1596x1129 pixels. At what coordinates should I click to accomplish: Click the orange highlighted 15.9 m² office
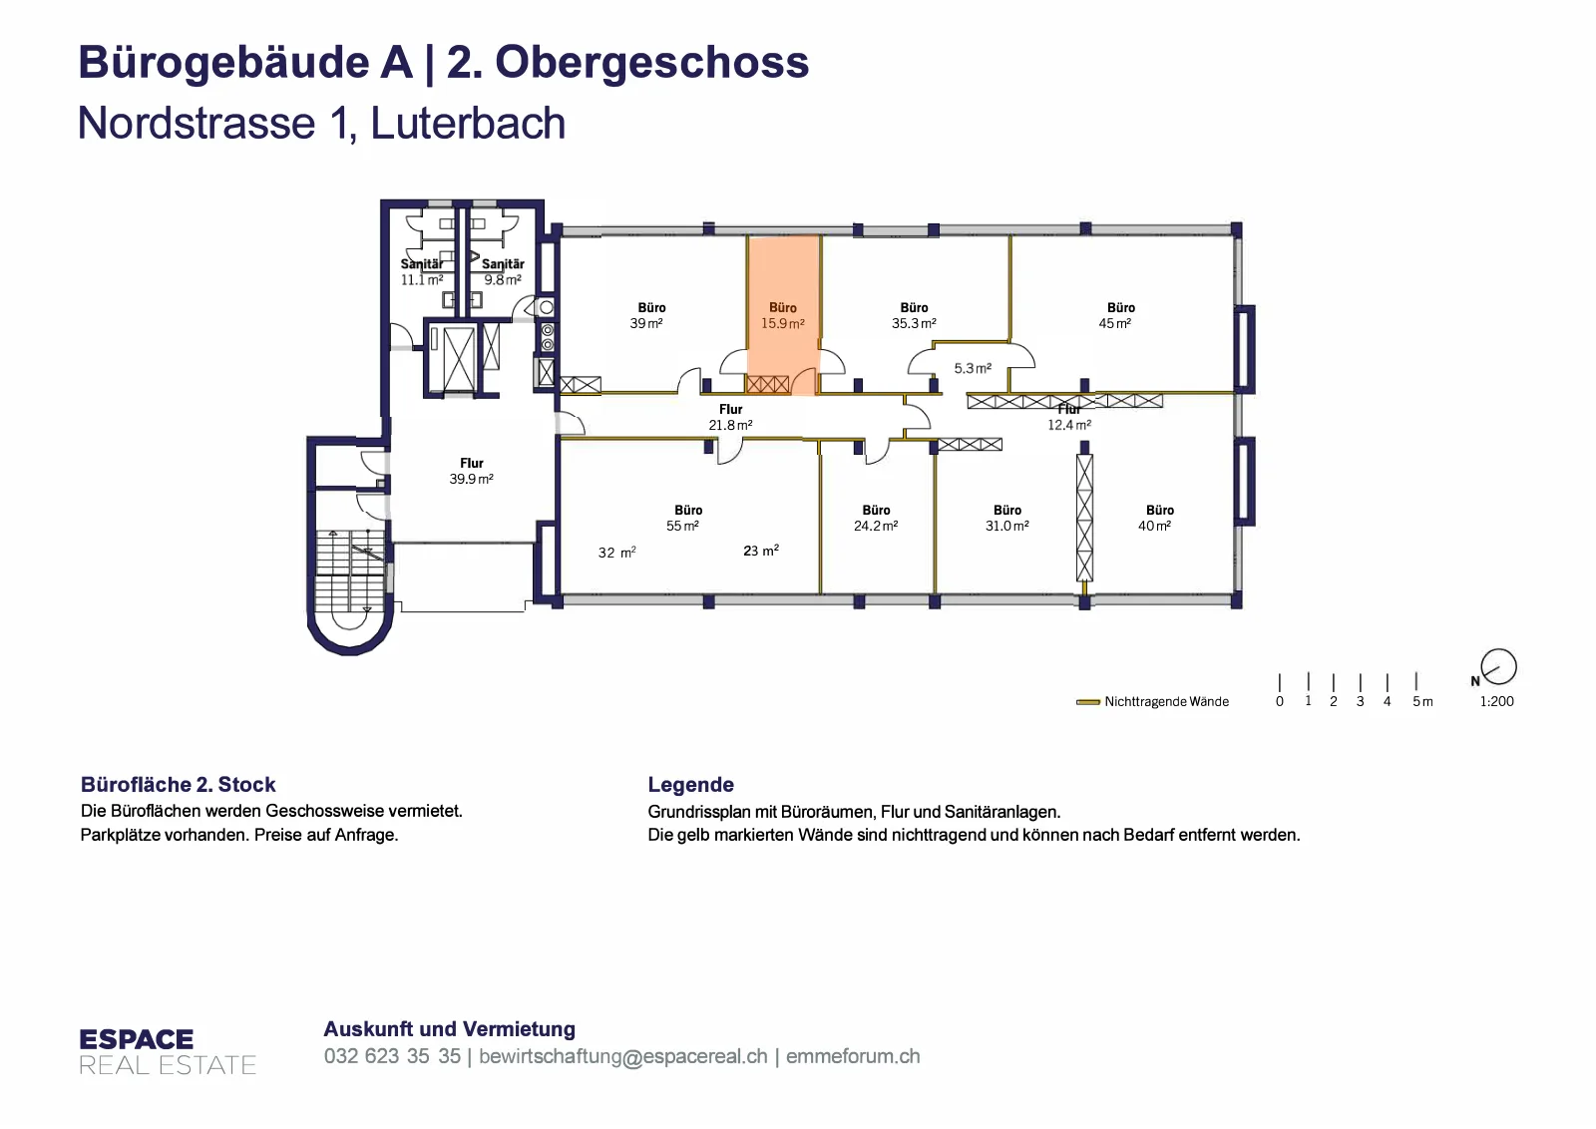point(783,315)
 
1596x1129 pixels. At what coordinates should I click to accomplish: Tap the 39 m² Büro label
point(647,315)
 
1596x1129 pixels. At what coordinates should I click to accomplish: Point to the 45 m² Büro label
point(1116,315)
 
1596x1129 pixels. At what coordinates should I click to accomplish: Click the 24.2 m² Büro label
point(876,518)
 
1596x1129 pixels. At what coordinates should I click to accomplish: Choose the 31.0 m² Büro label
point(1006,518)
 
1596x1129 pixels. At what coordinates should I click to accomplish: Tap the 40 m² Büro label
point(1156,518)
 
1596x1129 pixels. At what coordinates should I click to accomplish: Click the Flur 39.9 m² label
point(471,471)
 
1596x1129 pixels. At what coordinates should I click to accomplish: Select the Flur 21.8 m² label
point(730,417)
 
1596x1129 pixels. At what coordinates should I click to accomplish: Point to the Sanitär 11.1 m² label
point(422,271)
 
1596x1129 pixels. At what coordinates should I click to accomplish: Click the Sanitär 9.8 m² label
point(503,271)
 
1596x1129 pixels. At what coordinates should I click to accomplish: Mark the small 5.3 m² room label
point(973,368)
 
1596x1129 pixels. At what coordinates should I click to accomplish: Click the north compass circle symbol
point(1498,667)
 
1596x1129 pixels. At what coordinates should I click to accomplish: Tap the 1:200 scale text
point(1496,701)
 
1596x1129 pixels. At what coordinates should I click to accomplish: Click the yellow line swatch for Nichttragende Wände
point(1088,701)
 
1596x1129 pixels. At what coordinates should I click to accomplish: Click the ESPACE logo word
point(136,1039)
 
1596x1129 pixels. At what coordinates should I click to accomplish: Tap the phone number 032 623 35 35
point(392,1055)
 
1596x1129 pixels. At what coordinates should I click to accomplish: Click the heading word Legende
point(690,784)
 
